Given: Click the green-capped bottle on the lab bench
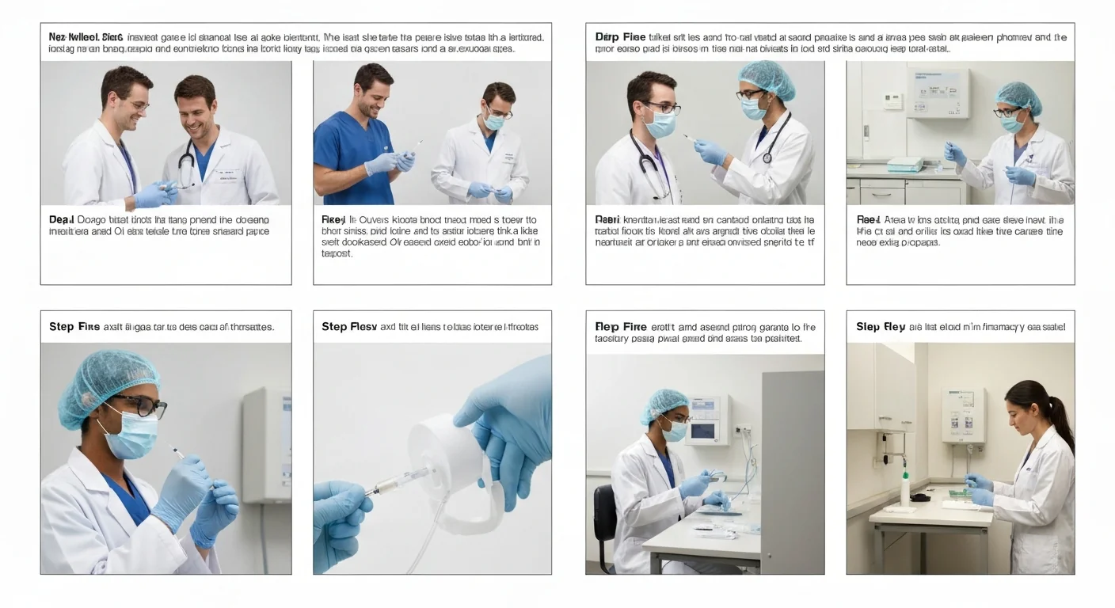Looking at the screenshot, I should tap(904, 488).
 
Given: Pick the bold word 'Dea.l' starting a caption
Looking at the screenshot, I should tap(60, 219).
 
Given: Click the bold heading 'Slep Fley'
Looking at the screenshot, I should tap(880, 327).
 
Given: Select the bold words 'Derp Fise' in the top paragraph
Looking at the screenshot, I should tap(620, 37).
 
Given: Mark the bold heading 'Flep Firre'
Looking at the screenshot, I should tap(621, 326).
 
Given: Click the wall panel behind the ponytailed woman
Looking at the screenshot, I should tap(963, 415).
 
